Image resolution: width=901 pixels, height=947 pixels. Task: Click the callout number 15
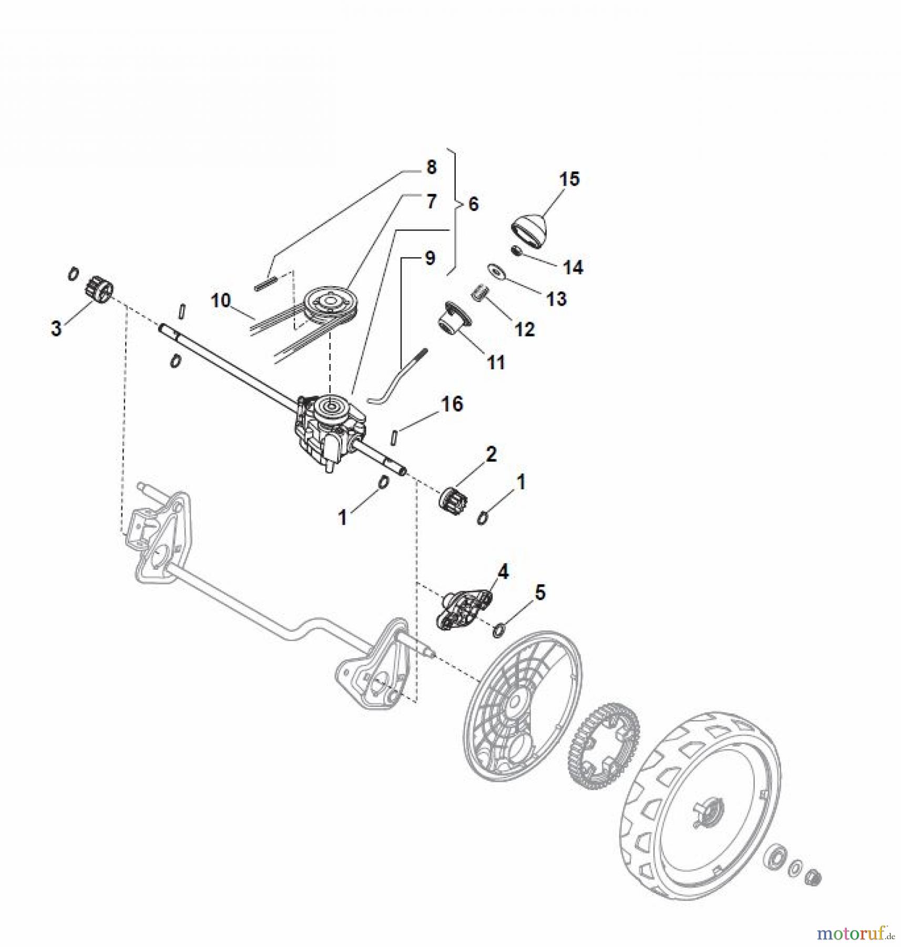click(569, 179)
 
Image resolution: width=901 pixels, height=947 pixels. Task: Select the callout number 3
click(56, 328)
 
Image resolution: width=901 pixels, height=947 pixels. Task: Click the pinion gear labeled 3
click(96, 290)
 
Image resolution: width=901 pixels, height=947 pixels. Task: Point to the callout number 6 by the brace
click(473, 204)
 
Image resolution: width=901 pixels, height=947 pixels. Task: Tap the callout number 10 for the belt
click(221, 301)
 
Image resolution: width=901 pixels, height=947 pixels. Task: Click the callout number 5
click(540, 592)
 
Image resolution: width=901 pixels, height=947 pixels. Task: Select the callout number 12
click(525, 330)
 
